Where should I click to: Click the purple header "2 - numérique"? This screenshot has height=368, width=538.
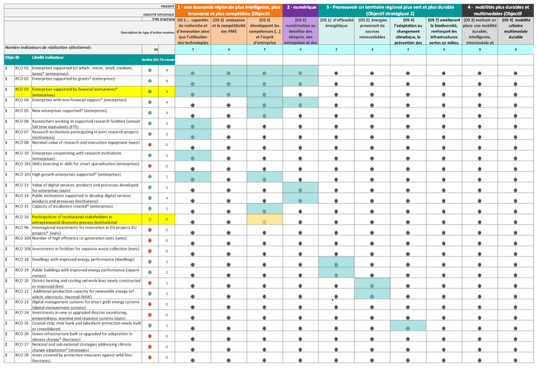(x=300, y=6)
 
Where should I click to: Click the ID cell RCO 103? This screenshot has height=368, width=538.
(x=23, y=175)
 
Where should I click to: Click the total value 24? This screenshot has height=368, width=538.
(x=156, y=50)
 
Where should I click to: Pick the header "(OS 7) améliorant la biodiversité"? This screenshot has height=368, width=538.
(x=444, y=31)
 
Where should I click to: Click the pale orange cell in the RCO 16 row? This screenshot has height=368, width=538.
(x=264, y=220)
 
